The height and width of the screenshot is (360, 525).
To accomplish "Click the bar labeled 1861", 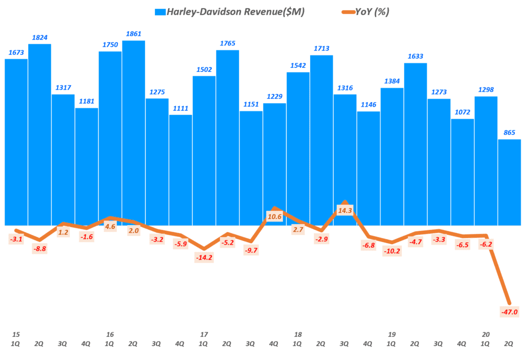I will click(x=133, y=128).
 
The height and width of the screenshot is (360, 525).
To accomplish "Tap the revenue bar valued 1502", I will click(x=204, y=149).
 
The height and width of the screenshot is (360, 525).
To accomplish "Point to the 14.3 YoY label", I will click(x=345, y=210).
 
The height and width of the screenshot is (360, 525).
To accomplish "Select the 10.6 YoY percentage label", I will click(x=274, y=217).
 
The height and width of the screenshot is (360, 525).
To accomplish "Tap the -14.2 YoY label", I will click(x=204, y=258).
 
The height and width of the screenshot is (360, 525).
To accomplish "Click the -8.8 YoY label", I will click(x=39, y=249).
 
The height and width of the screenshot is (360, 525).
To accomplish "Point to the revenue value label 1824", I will click(x=39, y=37).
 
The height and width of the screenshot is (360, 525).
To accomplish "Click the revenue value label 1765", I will click(x=227, y=43).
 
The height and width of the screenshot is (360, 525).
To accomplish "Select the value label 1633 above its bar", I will click(x=415, y=56).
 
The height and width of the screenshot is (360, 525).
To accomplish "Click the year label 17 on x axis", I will click(x=204, y=334).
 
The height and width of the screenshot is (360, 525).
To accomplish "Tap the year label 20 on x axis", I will click(x=486, y=334).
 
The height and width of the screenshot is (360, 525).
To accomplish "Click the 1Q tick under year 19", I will click(x=392, y=344).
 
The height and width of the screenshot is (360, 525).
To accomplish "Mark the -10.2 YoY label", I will click(x=392, y=252).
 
